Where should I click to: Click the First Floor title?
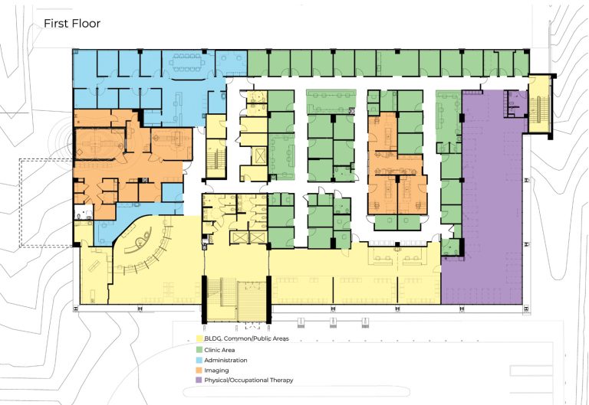click(x=72, y=23)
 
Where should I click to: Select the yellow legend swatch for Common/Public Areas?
click(x=200, y=338)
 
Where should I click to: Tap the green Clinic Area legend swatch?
click(x=200, y=350)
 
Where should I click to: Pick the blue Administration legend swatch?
click(x=200, y=360)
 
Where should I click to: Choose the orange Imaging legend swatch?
click(x=200, y=370)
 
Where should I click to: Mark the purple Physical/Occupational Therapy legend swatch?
click(x=200, y=380)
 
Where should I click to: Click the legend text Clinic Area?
click(x=219, y=350)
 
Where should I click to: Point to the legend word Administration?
click(x=225, y=360)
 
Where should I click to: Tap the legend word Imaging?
click(x=216, y=371)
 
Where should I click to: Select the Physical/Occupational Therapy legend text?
click(x=248, y=380)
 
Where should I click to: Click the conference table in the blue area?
click(x=186, y=63)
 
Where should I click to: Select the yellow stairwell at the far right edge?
click(x=539, y=104)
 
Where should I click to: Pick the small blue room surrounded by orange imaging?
click(x=173, y=192)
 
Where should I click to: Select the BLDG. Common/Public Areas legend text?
click(x=246, y=338)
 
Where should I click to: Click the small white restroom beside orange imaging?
click(x=84, y=212)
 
